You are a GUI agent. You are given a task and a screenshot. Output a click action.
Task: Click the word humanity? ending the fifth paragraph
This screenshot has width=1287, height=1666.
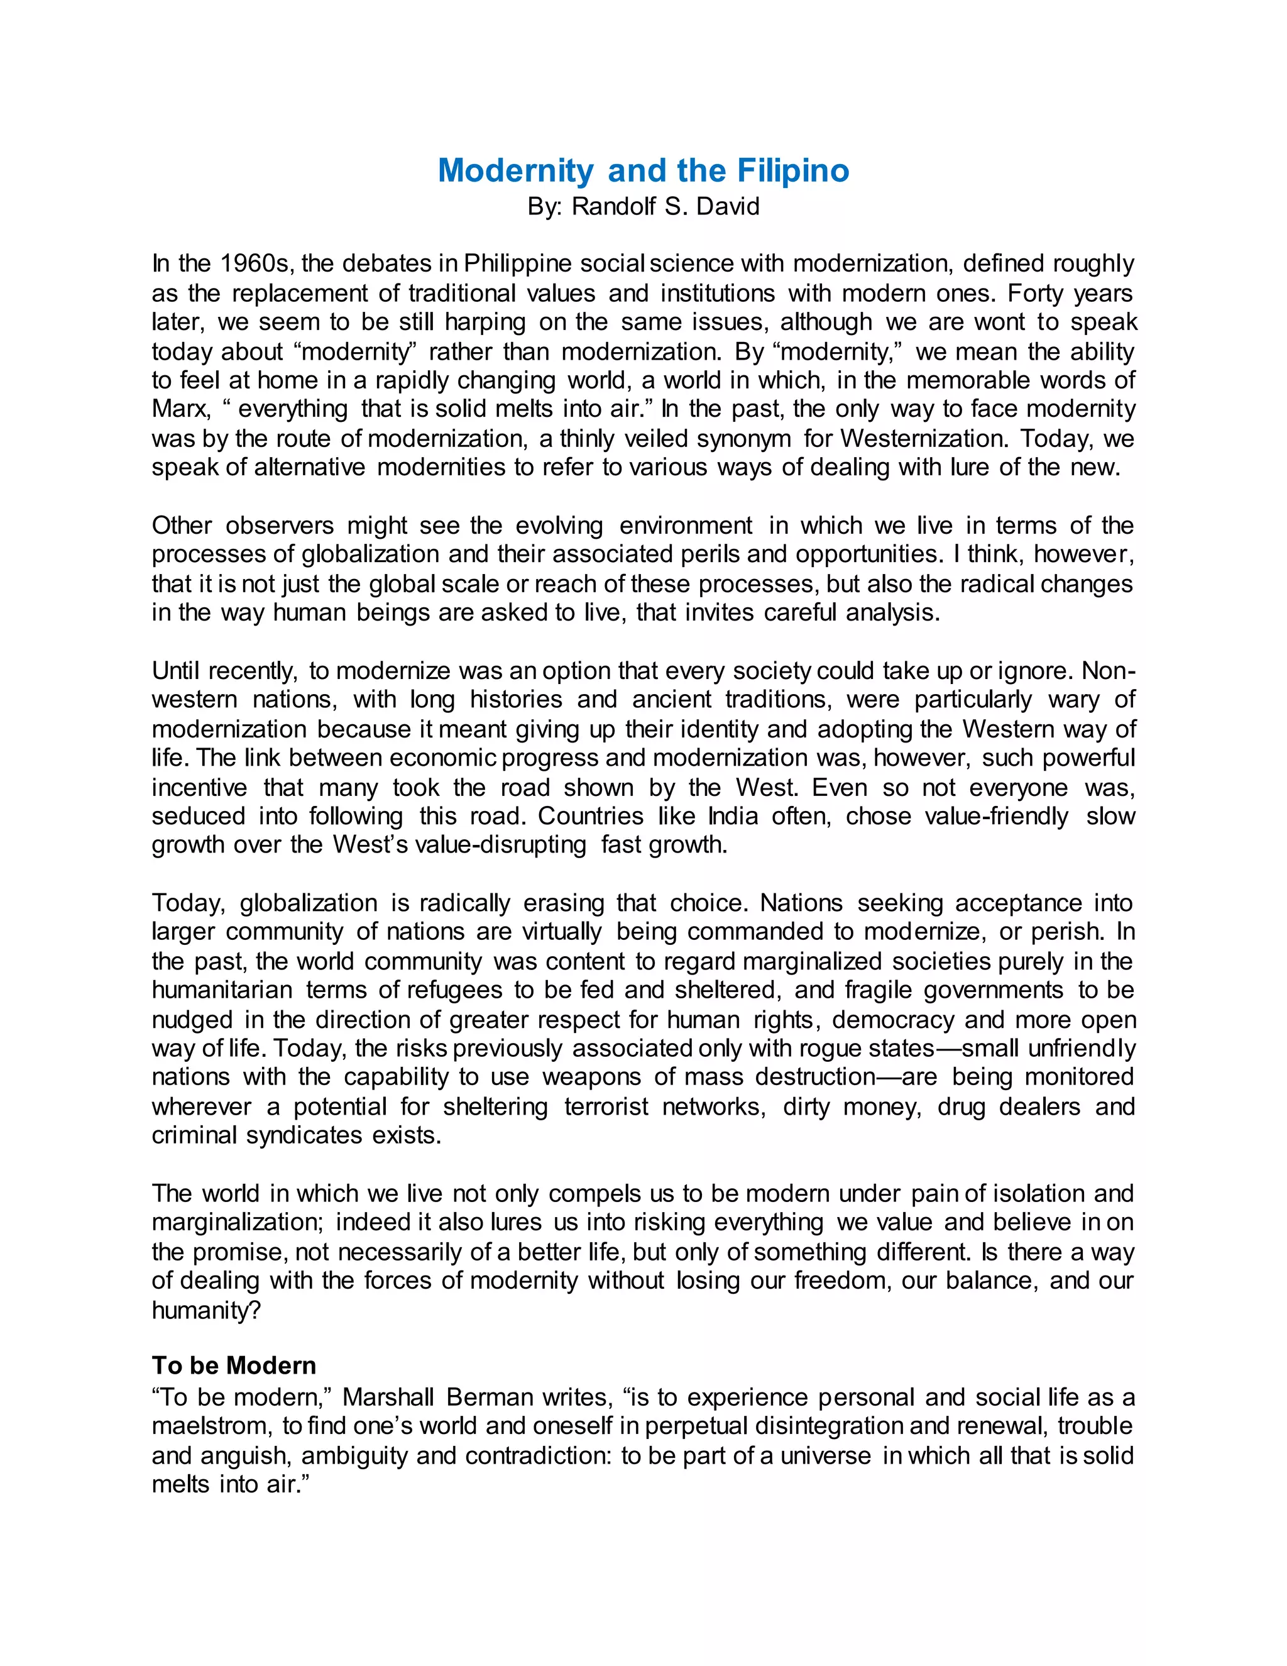pyautogui.click(x=206, y=1311)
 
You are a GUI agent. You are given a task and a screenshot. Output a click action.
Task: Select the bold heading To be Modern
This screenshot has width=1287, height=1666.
pyautogui.click(x=233, y=1365)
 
